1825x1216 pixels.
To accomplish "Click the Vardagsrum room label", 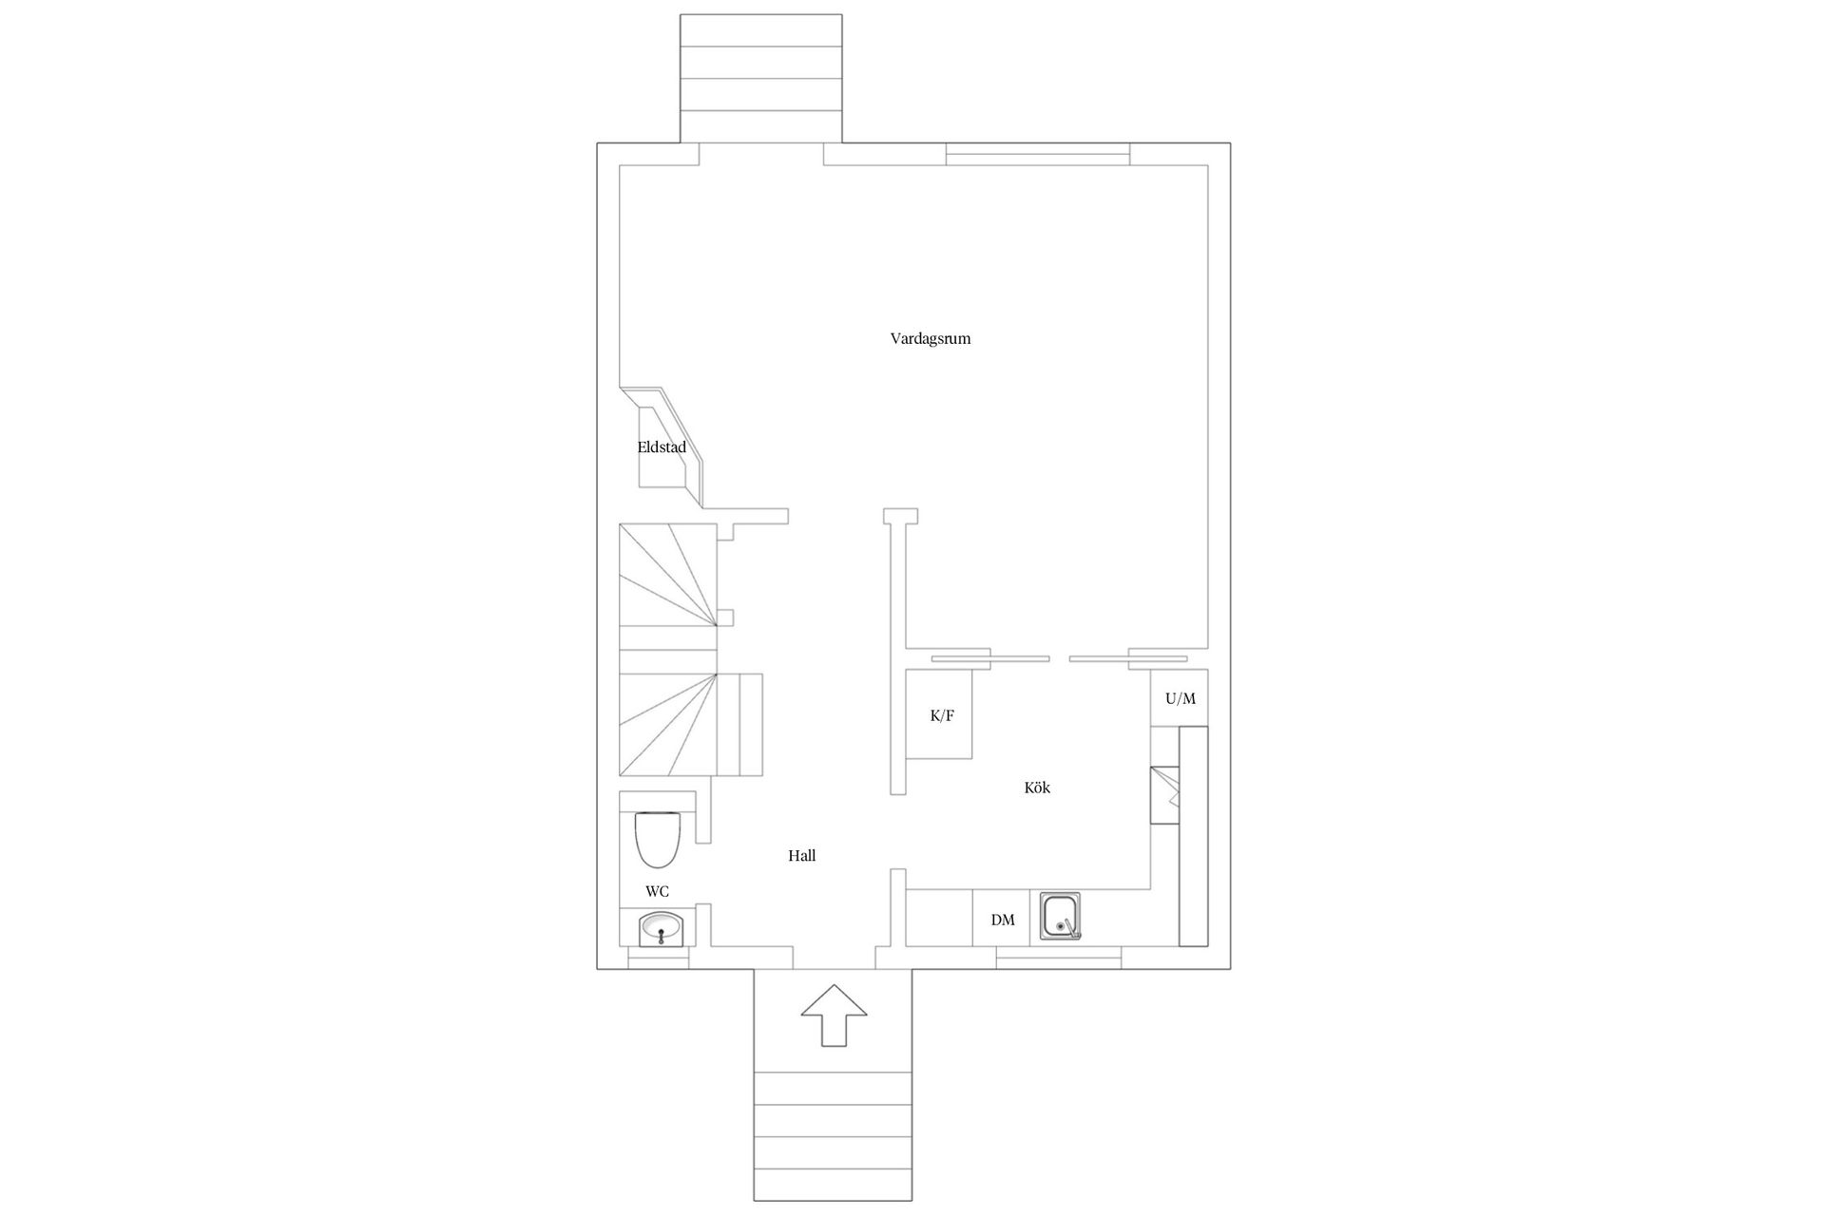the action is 930,338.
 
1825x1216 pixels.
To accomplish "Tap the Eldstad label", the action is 662,447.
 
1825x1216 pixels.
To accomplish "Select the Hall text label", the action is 801,855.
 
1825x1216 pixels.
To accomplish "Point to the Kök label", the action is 1037,788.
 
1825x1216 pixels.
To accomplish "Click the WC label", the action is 657,891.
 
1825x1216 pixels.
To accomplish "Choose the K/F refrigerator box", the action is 939,714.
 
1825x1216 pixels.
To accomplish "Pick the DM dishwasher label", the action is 1003,920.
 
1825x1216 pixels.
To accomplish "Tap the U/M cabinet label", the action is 1181,698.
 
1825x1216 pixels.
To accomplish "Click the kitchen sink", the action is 1062,916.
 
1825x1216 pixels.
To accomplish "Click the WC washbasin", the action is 661,928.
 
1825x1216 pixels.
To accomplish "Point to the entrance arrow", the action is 834,1016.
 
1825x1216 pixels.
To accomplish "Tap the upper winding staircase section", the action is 667,575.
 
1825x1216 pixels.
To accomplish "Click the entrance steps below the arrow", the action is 833,1136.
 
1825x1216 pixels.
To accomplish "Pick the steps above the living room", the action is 761,78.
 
